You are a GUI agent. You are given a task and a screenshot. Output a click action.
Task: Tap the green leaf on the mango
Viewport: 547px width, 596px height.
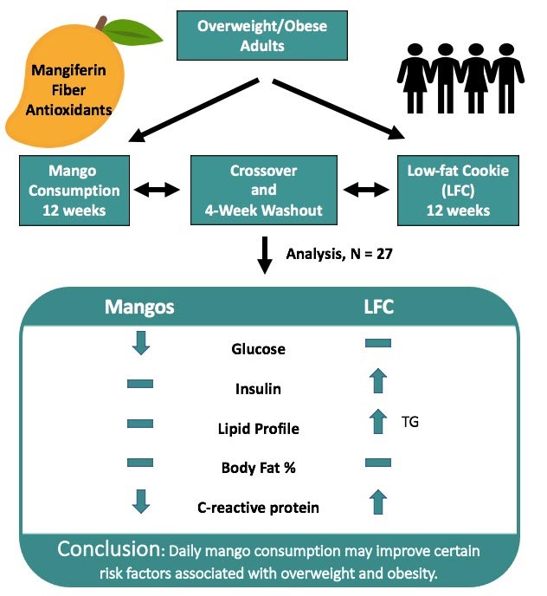tap(137, 32)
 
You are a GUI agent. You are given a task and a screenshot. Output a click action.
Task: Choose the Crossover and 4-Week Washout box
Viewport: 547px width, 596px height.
tap(263, 188)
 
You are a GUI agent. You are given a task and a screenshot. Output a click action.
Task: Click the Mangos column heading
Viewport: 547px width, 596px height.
tap(141, 306)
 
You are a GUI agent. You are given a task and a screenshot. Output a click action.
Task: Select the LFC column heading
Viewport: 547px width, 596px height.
tap(377, 306)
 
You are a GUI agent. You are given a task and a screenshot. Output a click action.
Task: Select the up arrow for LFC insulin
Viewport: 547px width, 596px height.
tap(378, 382)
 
